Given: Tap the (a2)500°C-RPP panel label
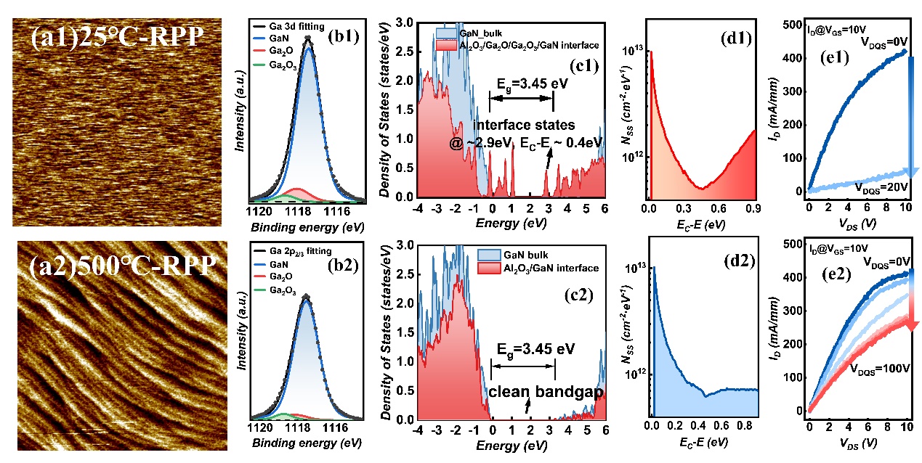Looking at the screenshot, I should (116, 263).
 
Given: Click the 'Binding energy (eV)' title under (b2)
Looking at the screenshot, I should (305, 442).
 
